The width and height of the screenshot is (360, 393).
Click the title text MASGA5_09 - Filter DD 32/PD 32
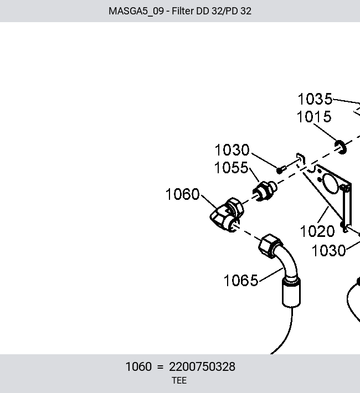tap(180, 11)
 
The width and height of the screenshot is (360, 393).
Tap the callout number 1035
tap(315, 99)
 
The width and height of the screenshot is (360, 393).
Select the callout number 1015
tap(314, 117)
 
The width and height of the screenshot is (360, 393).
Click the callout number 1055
tap(232, 167)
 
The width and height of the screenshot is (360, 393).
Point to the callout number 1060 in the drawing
tap(183, 194)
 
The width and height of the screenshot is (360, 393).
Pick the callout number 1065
tap(240, 281)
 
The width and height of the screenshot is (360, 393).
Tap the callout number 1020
tap(317, 231)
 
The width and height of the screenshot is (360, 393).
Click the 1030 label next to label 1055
tap(232, 150)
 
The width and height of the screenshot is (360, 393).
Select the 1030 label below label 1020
tap(328, 251)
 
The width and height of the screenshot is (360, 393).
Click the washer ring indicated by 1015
tap(341, 147)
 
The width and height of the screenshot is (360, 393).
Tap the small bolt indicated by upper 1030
tap(281, 170)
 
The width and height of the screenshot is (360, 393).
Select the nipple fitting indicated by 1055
tap(265, 191)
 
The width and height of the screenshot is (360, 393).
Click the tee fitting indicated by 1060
tap(227, 214)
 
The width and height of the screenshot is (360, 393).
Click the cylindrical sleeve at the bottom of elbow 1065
tap(291, 292)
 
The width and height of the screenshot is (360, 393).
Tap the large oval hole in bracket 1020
tap(331, 184)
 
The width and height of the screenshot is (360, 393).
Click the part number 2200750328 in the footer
tap(202, 367)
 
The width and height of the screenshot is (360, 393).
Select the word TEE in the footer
tap(179, 381)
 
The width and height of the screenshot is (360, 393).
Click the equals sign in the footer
tap(160, 367)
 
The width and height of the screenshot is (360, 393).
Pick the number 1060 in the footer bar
tap(138, 367)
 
